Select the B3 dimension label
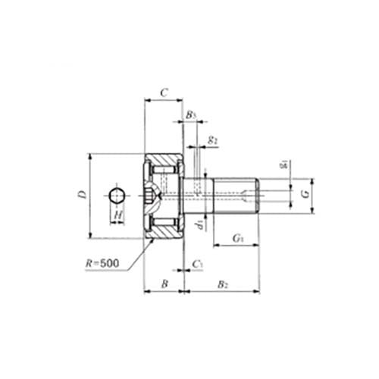(191, 115)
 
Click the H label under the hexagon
(117, 216)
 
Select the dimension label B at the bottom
(164, 283)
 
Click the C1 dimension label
(197, 263)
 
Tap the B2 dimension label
(222, 283)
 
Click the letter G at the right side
(304, 195)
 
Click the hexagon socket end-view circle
(117, 196)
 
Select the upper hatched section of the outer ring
(164, 160)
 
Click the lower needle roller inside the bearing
(164, 222)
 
